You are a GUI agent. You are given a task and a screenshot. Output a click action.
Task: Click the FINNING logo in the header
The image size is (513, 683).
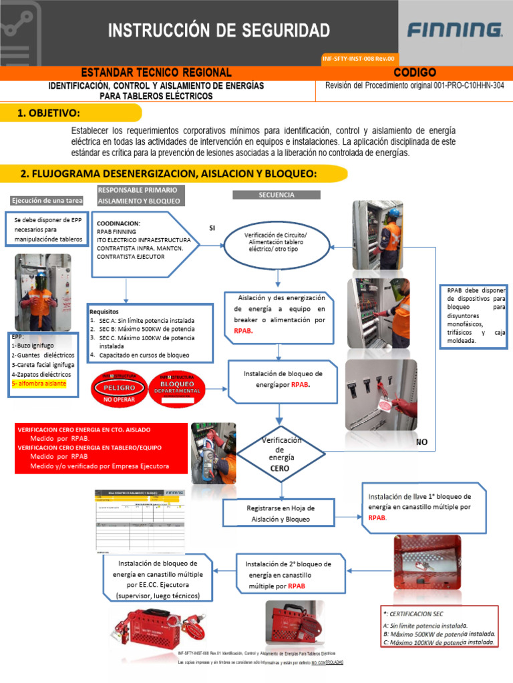point(455,30)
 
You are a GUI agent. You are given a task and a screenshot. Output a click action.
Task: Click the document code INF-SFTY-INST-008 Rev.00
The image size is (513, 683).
point(359,59)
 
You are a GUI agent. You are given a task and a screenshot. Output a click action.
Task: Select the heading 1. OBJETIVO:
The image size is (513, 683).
point(49,113)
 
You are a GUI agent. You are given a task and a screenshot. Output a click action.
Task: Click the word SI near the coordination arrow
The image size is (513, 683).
point(212,228)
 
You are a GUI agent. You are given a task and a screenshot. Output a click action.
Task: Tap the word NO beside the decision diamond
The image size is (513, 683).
point(421,442)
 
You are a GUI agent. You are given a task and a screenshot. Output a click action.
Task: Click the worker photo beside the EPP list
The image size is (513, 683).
point(43,293)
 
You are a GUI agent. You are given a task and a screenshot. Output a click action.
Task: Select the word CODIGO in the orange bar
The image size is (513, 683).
point(415,72)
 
